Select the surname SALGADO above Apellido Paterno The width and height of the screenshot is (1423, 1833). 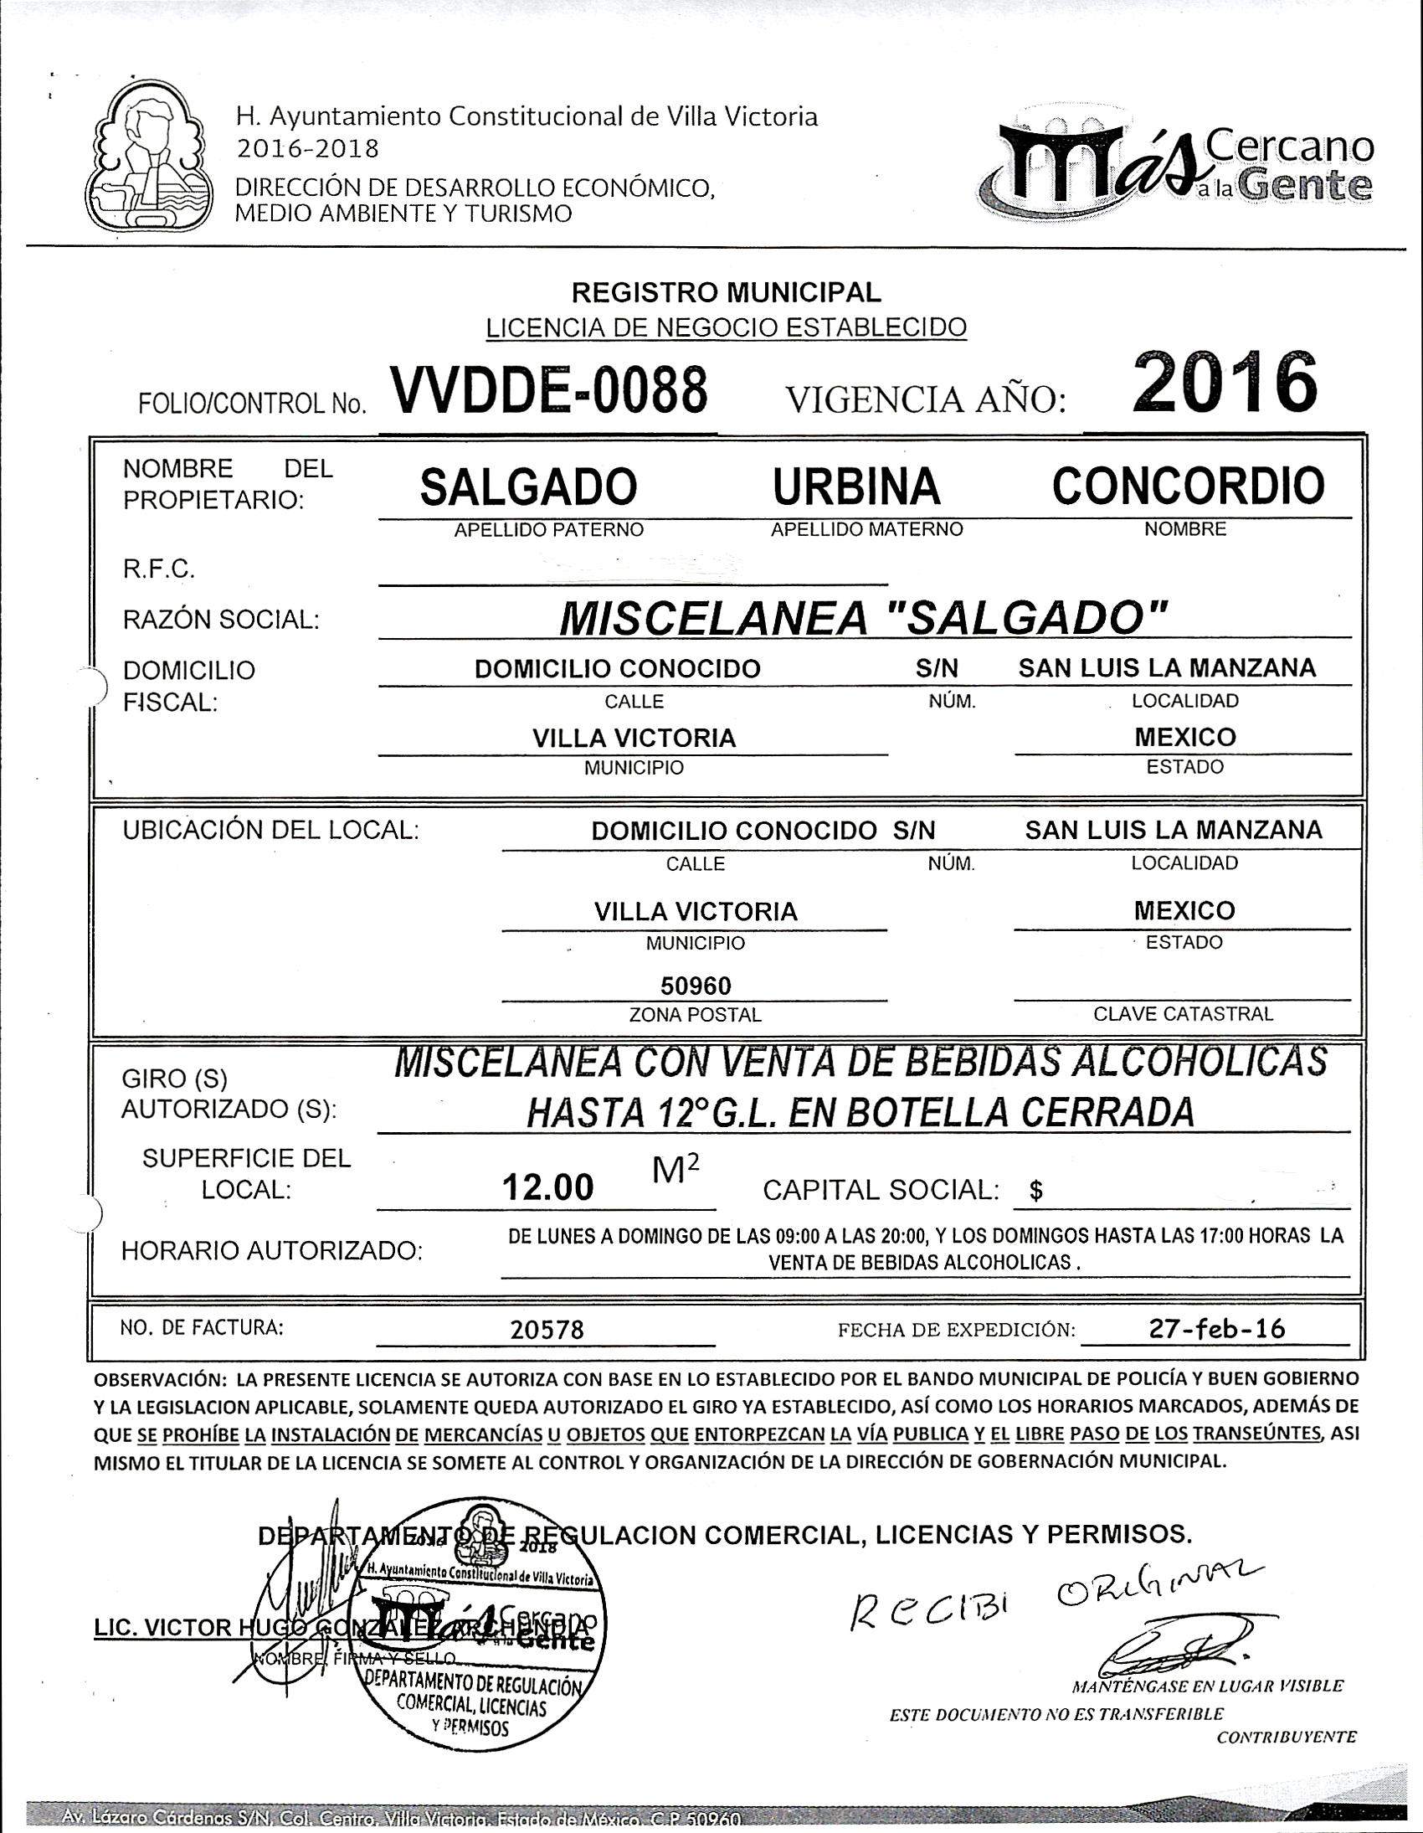527,487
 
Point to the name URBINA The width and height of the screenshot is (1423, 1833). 855,487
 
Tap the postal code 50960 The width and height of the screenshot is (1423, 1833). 696,985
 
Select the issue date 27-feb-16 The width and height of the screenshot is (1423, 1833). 1216,1328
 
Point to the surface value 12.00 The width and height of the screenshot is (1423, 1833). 547,1187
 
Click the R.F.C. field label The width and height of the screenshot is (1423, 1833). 158,571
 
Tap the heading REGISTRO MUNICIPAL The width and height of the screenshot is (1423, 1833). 726,292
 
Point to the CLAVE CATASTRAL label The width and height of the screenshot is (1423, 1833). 1183,1014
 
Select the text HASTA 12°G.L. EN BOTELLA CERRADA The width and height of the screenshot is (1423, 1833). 860,1112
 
